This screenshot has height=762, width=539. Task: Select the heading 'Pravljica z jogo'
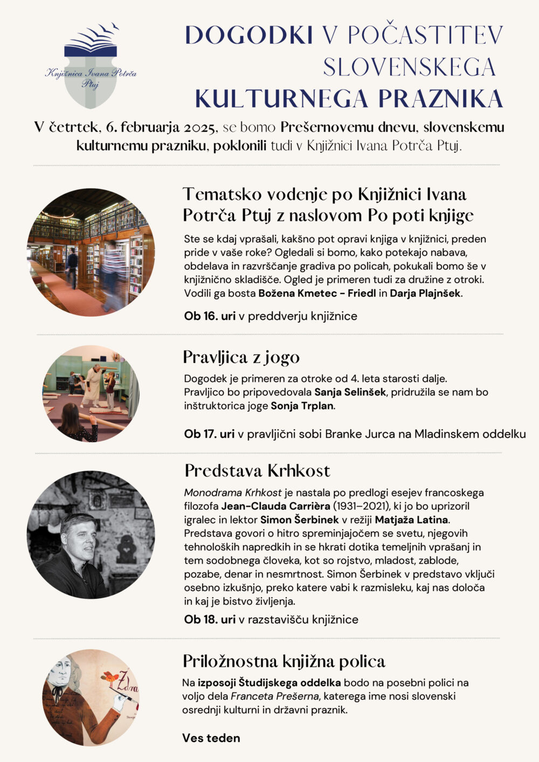point(241,357)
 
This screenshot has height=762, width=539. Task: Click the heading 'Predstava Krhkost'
point(257,471)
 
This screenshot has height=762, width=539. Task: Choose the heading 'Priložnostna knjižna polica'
point(284,661)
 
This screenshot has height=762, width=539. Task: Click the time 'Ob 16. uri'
point(210,316)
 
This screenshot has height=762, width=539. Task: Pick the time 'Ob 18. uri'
point(210,619)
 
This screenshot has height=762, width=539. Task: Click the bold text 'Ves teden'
point(211,738)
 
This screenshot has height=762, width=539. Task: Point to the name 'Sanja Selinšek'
point(350,392)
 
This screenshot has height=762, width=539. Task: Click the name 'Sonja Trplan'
point(302,406)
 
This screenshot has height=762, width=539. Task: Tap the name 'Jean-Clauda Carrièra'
point(275,506)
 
